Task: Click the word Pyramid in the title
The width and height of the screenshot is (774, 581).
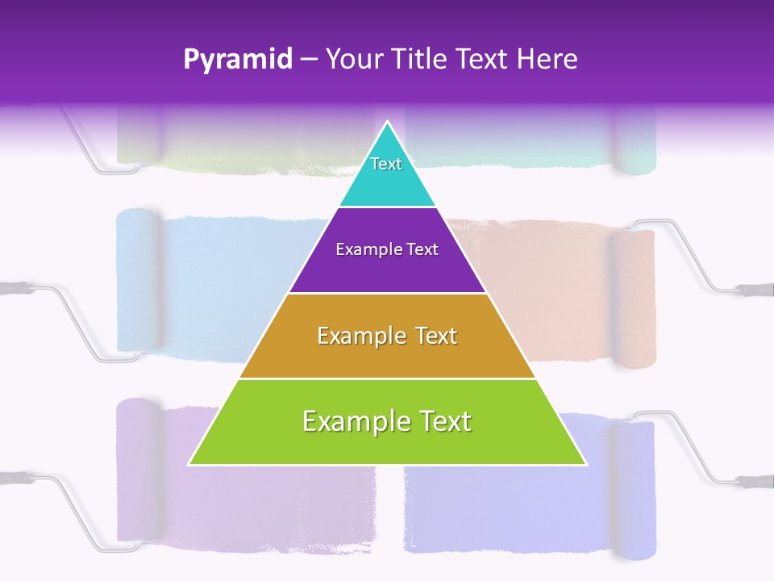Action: (237, 60)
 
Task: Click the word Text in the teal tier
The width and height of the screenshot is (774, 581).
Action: (386, 164)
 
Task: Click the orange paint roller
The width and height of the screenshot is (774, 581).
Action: (632, 299)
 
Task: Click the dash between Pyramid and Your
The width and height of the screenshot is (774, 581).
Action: (309, 60)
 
